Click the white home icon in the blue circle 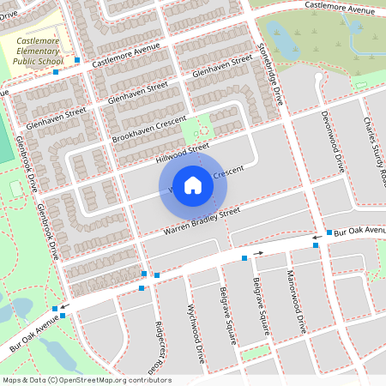click(x=193, y=184)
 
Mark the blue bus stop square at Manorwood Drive click(x=316, y=245)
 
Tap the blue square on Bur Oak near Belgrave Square click(x=244, y=257)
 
